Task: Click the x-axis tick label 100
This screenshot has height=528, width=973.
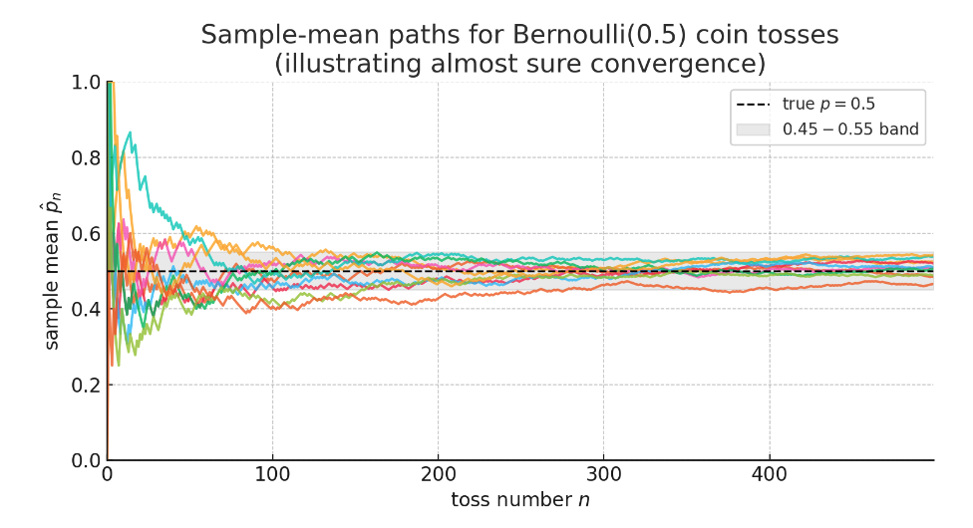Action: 272,475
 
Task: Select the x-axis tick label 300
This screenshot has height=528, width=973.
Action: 603,475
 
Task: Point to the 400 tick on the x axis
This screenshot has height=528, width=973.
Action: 769,475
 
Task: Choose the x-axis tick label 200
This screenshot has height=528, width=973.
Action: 438,475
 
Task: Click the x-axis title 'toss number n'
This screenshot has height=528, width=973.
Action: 519,499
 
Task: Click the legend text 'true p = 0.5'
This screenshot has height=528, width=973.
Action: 828,105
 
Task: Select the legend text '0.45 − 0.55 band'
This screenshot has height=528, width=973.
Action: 850,130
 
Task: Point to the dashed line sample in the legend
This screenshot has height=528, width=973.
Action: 753,105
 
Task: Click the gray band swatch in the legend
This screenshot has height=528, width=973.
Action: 753,130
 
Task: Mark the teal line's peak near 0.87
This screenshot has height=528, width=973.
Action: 129,132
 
